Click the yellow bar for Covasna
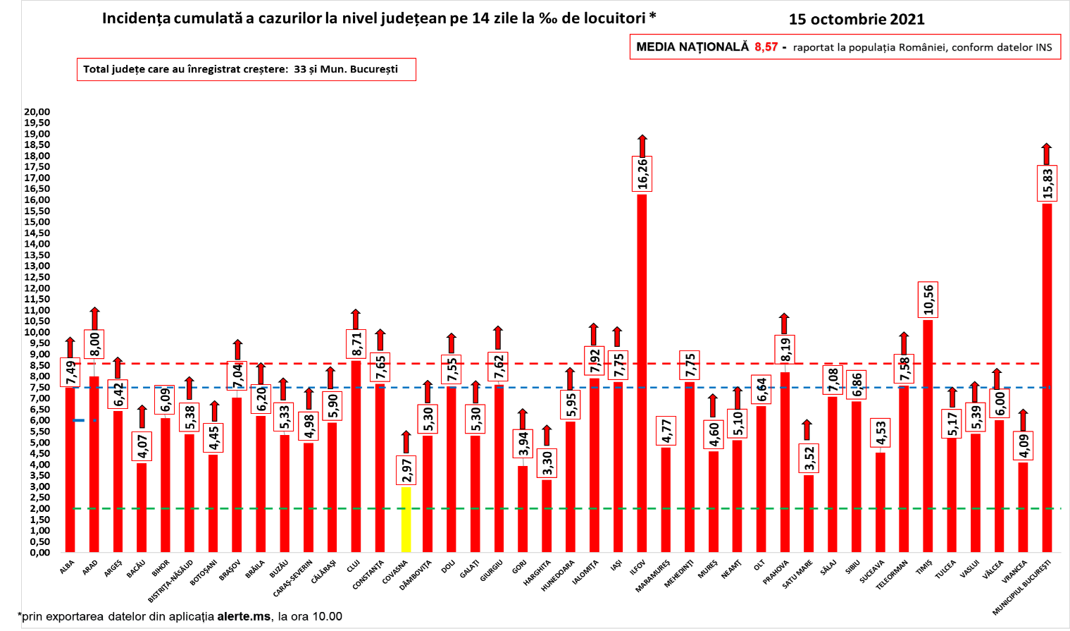coord(406,520)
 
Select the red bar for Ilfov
coord(642,373)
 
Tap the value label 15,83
coord(1047,183)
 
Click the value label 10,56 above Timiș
coord(928,300)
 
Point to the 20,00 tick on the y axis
coord(37,111)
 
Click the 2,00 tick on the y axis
coord(39,508)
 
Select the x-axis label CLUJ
coord(354,566)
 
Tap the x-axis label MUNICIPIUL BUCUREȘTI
coord(1022,587)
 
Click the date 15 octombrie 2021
coord(857,19)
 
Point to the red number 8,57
coord(766,47)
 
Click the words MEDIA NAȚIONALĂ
coord(692,47)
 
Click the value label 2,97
coord(406,470)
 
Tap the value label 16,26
coord(642,173)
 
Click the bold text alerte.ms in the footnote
coord(243,616)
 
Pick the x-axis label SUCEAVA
coord(872,572)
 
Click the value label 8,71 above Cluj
coord(356,343)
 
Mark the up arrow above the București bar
coord(1047,154)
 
